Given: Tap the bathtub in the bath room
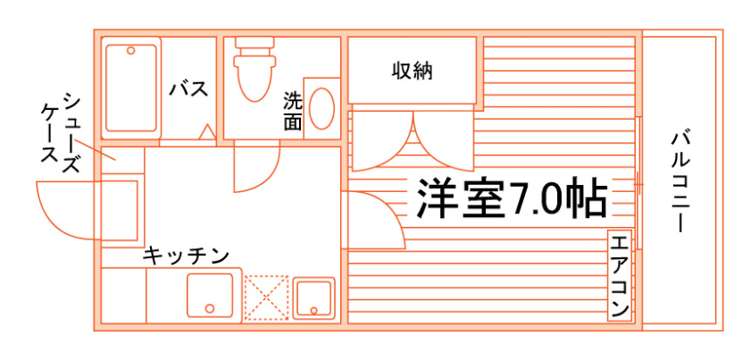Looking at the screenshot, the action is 131,88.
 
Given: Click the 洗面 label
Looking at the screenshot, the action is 293,112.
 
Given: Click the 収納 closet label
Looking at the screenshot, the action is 412,71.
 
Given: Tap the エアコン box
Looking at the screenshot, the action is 620,276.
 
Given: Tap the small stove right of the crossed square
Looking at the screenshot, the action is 313,297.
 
